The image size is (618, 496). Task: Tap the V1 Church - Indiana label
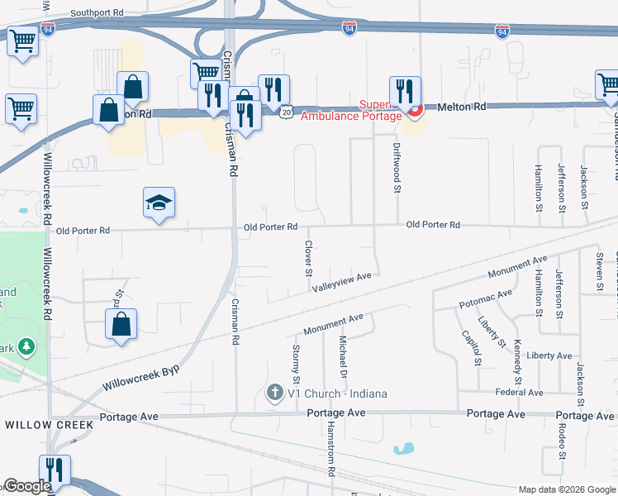coord(337,393)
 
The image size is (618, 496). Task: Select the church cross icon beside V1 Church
coord(275,393)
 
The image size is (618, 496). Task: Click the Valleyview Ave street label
coord(343,283)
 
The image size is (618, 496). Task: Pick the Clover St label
coord(308,259)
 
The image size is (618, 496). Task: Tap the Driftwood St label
coord(397,171)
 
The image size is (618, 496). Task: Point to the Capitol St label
coord(473,348)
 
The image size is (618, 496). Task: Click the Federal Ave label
coord(518,393)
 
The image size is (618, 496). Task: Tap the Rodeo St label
coord(562,441)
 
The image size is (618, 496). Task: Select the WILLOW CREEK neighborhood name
coord(49,424)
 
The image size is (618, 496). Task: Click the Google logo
coord(27,486)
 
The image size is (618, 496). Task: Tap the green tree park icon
coord(27,346)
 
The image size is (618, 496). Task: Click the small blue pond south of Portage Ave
coord(404,450)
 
